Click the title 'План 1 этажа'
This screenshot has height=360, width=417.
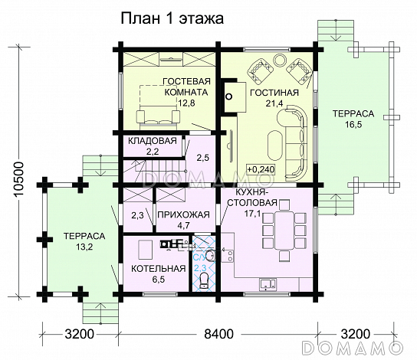[172, 18]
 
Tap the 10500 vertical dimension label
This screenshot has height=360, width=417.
[19, 178]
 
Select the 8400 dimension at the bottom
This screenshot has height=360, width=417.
[219, 334]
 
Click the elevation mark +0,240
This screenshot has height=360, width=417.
[261, 169]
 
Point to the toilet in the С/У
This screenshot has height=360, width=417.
[204, 280]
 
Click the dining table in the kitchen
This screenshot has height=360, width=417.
[284, 230]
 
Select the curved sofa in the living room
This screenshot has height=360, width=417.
[294, 141]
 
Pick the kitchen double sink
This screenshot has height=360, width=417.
[268, 284]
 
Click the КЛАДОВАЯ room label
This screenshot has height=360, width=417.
[153, 141]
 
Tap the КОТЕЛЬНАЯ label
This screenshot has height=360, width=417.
[159, 268]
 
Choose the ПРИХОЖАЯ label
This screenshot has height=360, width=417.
[183, 214]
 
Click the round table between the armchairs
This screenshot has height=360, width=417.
[280, 60]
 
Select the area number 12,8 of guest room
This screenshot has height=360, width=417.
[186, 103]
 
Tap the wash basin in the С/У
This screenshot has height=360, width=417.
[210, 256]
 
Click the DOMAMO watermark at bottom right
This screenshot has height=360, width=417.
[353, 348]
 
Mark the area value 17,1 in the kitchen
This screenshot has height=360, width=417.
[253, 213]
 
